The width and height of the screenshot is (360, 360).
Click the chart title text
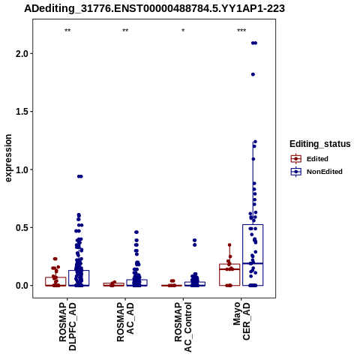[154, 9]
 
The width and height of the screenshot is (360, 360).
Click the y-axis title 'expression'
[8, 158]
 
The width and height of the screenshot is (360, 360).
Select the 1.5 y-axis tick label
[22, 112]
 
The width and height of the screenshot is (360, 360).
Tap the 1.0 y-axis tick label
[22, 169]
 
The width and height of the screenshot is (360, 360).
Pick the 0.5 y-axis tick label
[22, 227]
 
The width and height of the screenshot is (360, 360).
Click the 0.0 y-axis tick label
[22, 286]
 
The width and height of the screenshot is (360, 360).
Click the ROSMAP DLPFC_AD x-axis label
[67, 326]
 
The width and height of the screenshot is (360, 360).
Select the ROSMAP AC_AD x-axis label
[125, 322]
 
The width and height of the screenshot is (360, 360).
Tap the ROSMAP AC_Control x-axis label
[183, 327]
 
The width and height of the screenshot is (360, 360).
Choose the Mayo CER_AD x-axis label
[241, 321]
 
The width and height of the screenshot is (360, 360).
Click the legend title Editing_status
[320, 144]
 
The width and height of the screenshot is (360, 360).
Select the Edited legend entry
[310, 159]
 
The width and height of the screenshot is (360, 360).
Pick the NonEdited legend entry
[316, 172]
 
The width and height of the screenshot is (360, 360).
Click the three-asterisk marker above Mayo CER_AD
[241, 31]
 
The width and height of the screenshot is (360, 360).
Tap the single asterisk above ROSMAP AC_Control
[183, 31]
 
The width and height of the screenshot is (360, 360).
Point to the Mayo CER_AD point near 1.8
[253, 74]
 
